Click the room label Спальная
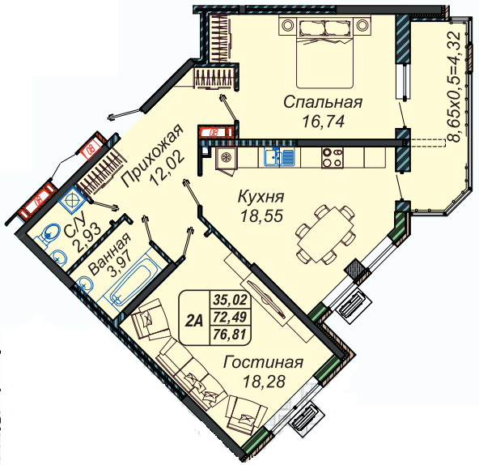(x=323, y=103)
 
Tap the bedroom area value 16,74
(x=323, y=122)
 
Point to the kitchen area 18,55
(x=262, y=216)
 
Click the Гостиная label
(x=263, y=362)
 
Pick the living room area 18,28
(x=264, y=382)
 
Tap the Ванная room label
(x=109, y=254)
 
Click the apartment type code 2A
(x=194, y=321)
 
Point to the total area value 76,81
(x=230, y=334)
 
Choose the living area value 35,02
(x=231, y=300)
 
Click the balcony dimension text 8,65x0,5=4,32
(x=456, y=87)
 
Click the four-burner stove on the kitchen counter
(x=333, y=158)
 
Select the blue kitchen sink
(x=279, y=156)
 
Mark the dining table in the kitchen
(x=325, y=235)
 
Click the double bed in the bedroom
(x=324, y=52)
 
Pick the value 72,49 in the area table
(x=231, y=317)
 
